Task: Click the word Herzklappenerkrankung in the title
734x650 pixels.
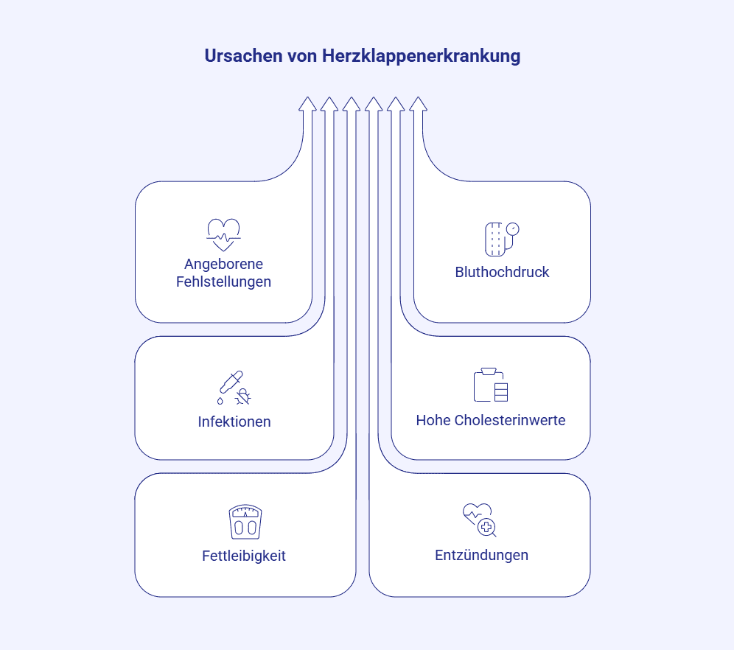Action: pos(422,57)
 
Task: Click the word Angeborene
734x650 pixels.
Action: pos(223,264)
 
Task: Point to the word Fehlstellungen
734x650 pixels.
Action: pos(223,282)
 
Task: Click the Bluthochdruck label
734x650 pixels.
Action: pos(502,272)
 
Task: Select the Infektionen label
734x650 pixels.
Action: pos(234,422)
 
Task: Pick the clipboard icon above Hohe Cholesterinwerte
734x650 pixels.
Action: pos(491,385)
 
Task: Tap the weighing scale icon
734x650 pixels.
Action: pos(245,522)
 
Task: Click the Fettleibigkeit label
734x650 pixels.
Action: pos(244,556)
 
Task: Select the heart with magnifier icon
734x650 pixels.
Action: pos(479,519)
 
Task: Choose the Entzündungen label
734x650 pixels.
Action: pos(481,555)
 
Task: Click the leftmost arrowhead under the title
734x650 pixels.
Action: pos(307,105)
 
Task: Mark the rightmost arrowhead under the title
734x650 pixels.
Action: pos(419,105)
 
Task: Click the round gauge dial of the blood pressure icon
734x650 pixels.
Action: pos(513,228)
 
